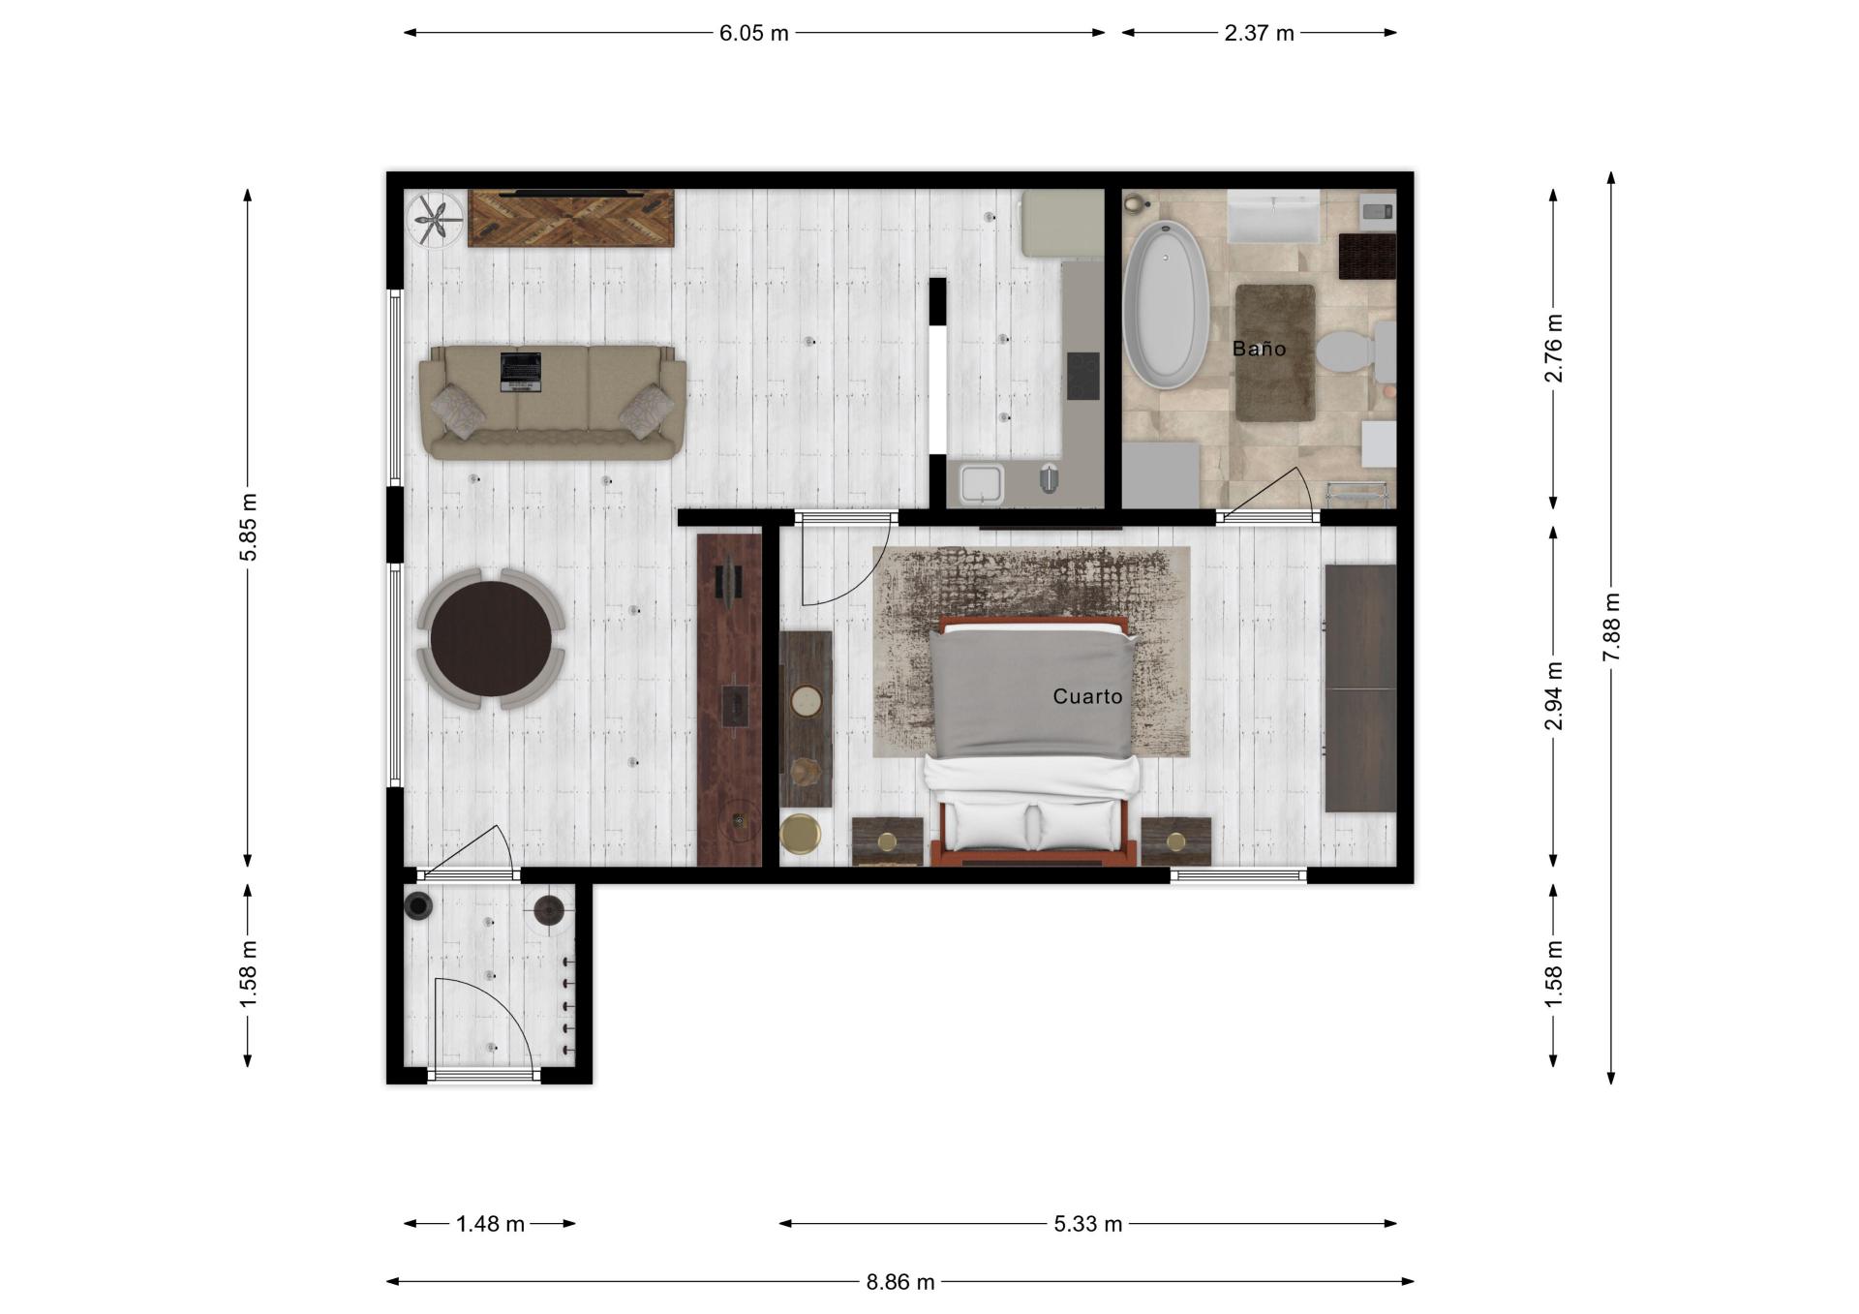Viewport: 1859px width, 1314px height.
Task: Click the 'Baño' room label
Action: tap(1259, 349)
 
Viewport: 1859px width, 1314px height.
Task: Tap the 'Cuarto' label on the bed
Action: tap(1087, 696)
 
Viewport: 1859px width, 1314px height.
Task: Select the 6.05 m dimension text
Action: tap(753, 33)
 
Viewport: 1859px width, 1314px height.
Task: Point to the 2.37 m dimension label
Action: tap(1259, 33)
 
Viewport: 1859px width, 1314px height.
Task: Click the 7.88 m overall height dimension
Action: tap(1611, 627)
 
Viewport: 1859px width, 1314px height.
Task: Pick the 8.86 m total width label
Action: tap(900, 1282)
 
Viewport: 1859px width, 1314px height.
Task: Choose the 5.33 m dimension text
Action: tap(1087, 1224)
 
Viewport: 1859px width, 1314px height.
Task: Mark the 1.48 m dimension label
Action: tap(490, 1224)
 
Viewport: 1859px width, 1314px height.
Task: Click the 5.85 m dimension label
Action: tap(249, 527)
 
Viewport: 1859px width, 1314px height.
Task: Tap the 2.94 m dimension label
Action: tap(1553, 696)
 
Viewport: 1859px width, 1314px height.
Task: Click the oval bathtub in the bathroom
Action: tap(1166, 305)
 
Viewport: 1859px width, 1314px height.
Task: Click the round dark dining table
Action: tap(491, 638)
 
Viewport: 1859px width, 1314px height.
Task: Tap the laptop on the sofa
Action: tap(520, 372)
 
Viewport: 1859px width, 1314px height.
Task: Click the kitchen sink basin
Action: tap(981, 483)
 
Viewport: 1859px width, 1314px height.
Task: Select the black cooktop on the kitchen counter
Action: tap(1083, 376)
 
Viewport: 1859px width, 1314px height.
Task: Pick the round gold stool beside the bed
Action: tap(800, 834)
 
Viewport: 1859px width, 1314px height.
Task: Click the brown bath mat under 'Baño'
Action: tap(1275, 352)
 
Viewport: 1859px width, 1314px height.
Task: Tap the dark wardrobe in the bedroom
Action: tap(1360, 688)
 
